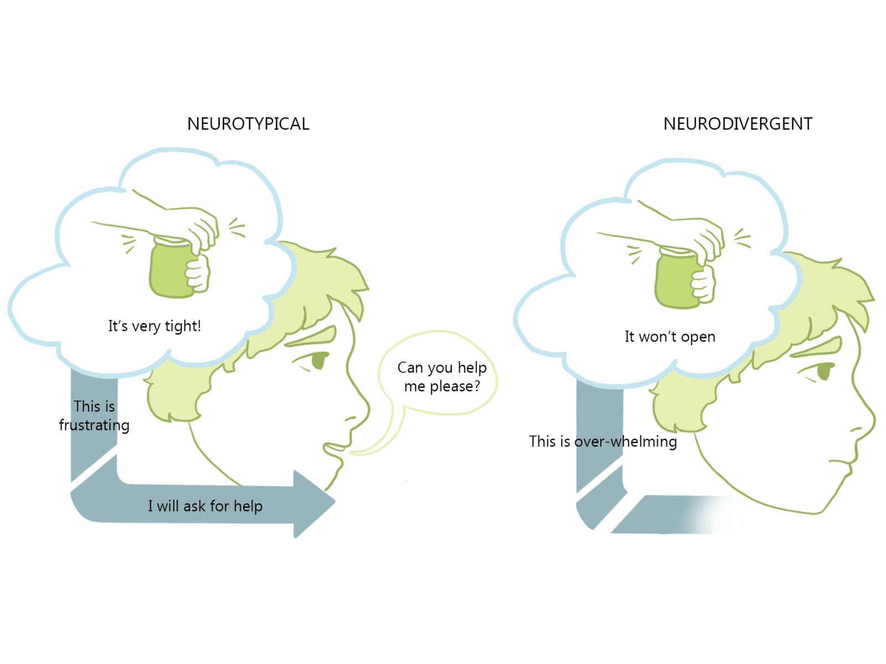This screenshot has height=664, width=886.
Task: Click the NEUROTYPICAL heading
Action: point(248,124)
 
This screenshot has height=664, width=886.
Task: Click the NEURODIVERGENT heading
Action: point(738,124)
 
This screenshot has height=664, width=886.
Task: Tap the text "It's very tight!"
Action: point(154,326)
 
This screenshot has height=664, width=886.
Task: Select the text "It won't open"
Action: point(670,336)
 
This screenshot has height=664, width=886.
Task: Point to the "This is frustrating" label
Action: point(94,416)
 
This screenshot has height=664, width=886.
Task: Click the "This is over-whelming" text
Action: point(602,442)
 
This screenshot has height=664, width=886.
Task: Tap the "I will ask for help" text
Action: point(205,506)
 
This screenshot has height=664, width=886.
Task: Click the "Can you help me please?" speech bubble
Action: point(441,377)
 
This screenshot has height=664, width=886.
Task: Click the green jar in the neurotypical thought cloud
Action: point(171,269)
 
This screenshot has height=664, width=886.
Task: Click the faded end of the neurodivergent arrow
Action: point(714,515)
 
